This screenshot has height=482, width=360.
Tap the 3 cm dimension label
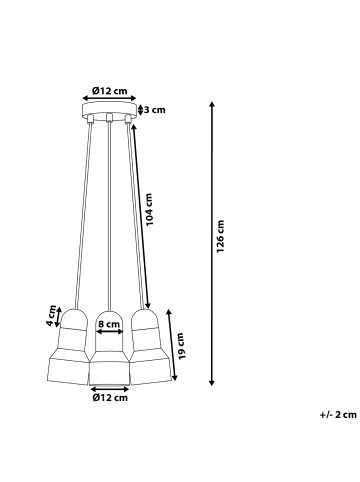[153, 110]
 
